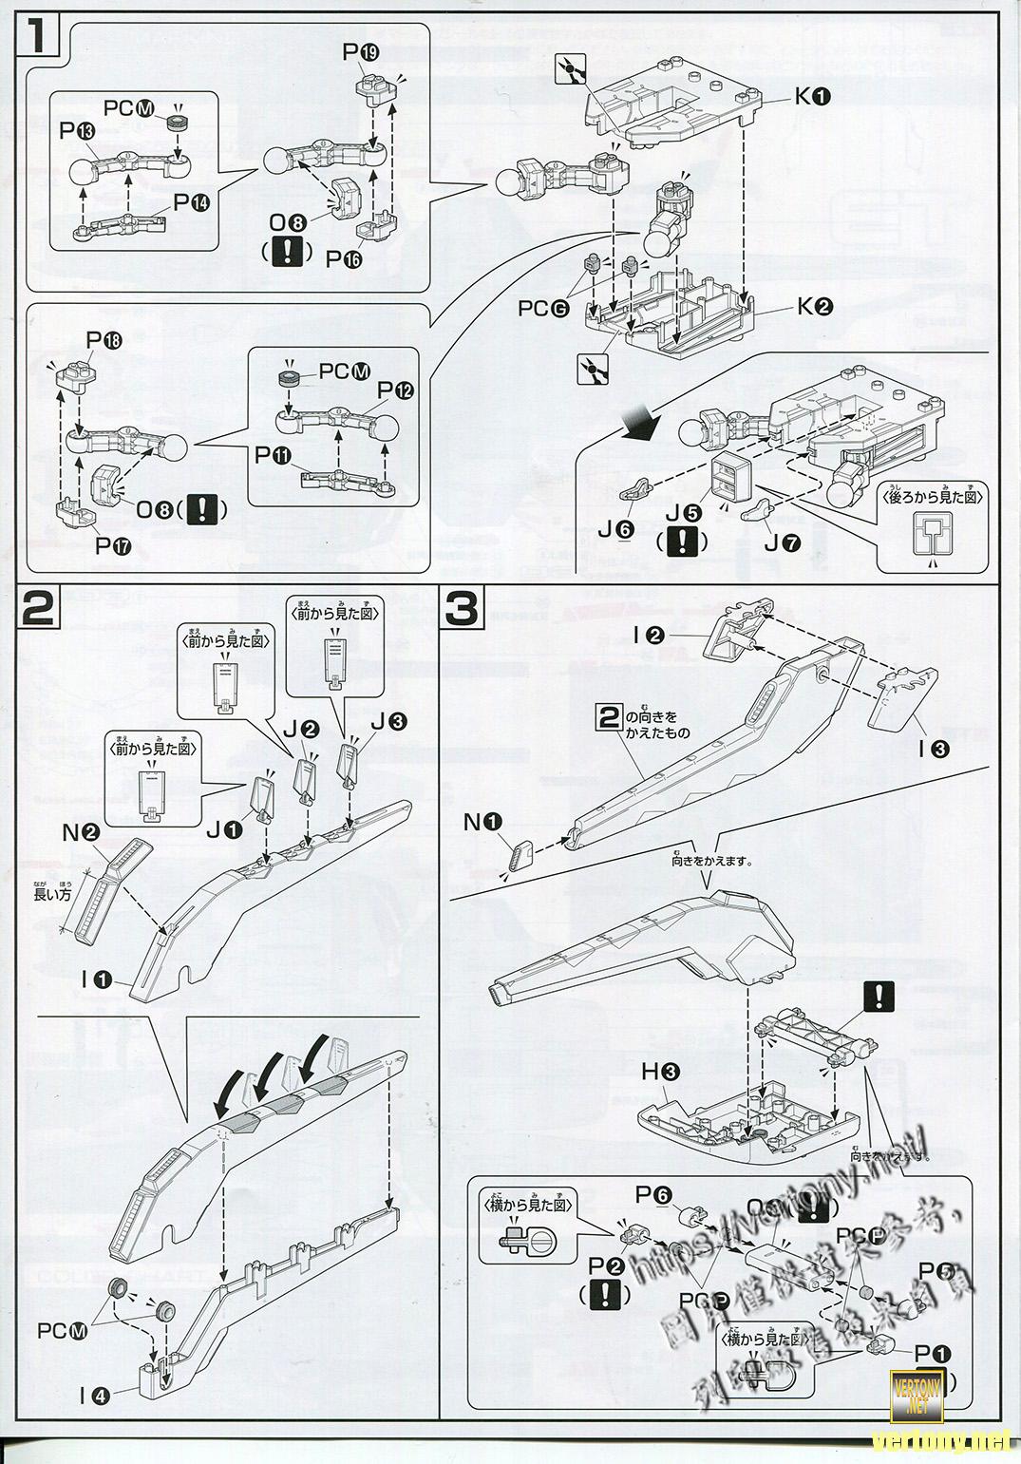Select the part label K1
tap(814, 97)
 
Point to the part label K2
tap(815, 307)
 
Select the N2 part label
tap(82, 832)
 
